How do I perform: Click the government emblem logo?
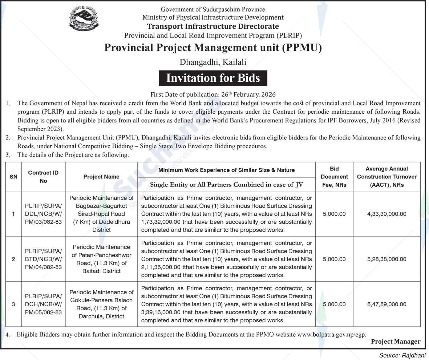point(84,19)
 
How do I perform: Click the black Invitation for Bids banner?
point(213,78)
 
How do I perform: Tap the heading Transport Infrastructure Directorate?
point(213,26)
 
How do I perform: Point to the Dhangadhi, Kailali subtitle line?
point(213,62)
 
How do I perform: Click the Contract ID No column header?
point(43,177)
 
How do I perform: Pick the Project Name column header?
point(101,177)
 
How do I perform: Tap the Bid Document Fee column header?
point(334,177)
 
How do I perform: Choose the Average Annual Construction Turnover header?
point(386,177)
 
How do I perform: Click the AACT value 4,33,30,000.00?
point(386,214)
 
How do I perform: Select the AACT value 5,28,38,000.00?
point(386,259)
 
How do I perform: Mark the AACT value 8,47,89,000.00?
point(386,304)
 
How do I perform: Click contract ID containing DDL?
point(43,214)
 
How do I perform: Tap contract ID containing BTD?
point(43,259)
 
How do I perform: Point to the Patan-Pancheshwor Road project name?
point(101,259)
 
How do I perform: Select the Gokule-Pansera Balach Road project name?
point(101,304)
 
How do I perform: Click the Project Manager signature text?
point(396,341)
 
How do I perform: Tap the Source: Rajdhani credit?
point(402,355)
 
